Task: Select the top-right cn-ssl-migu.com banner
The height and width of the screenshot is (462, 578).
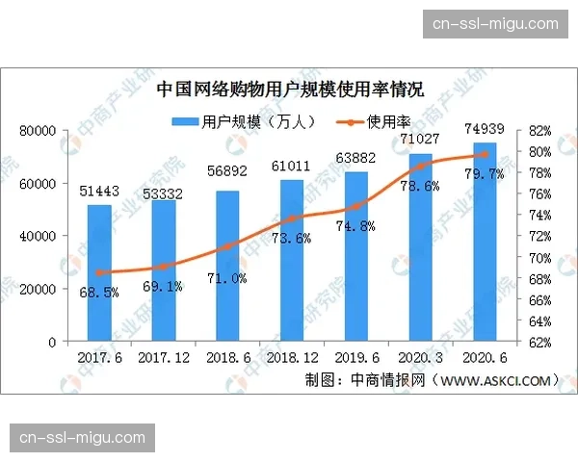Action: tap(496, 23)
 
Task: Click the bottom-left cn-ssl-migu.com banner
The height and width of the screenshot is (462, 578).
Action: tap(83, 438)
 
